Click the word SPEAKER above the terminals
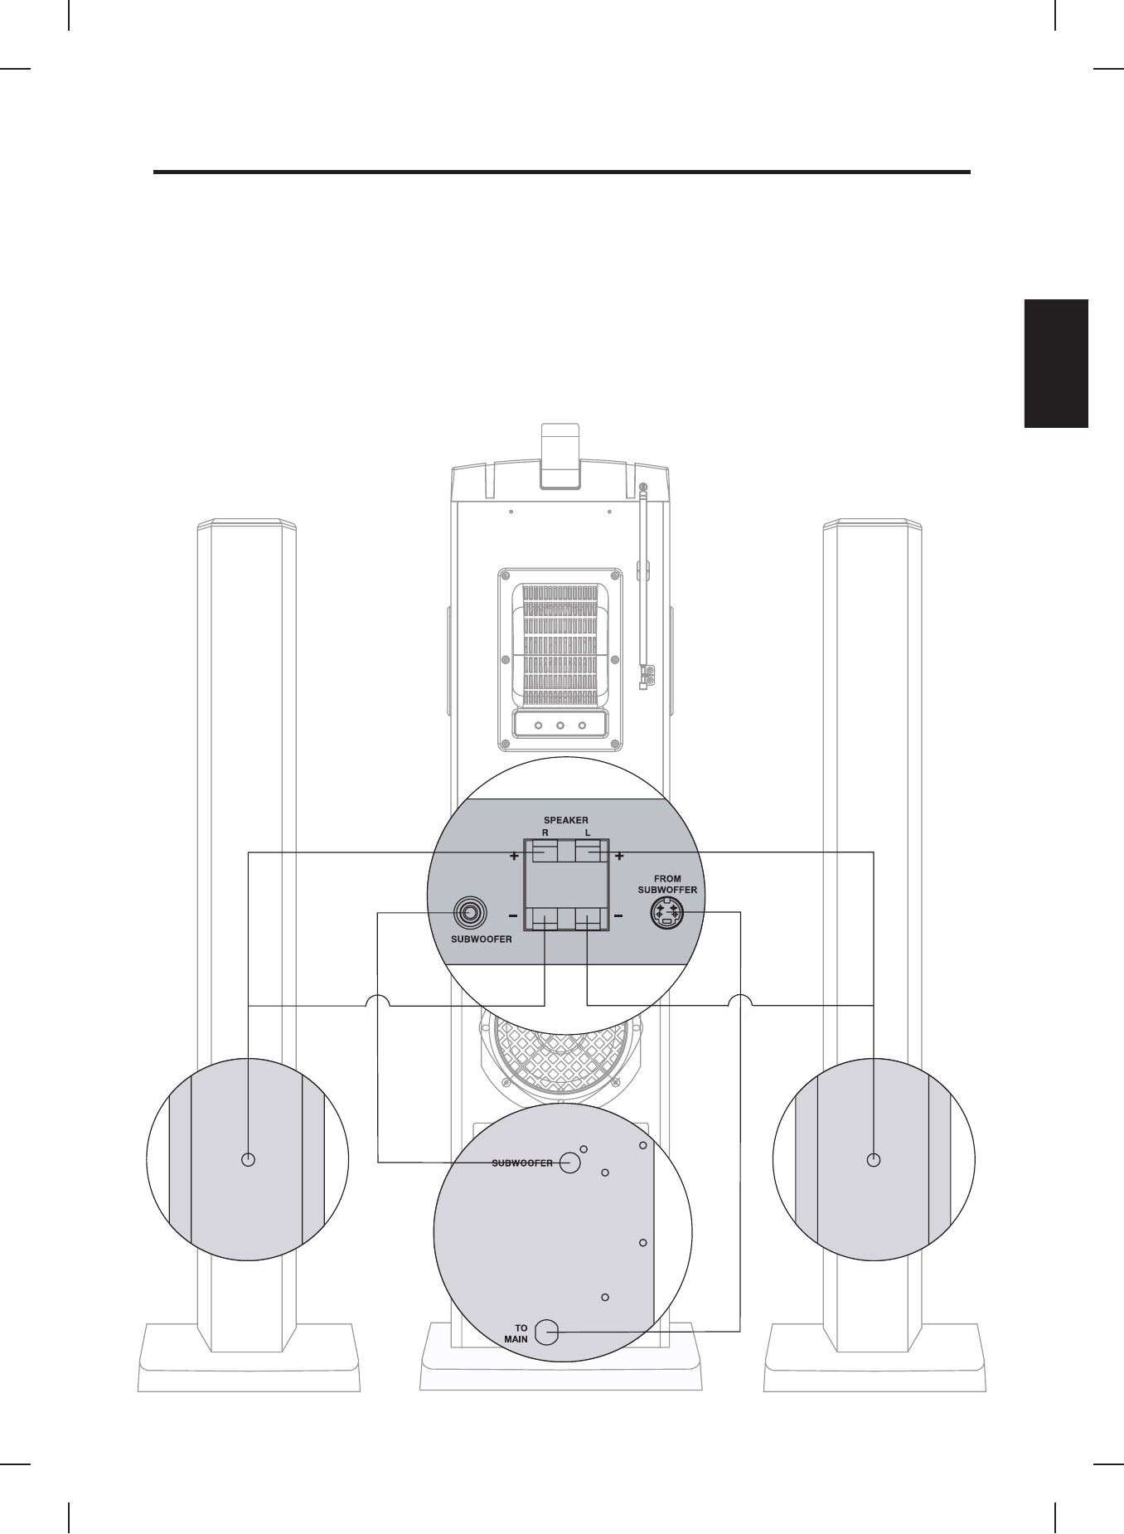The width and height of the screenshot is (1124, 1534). pyautogui.click(x=566, y=820)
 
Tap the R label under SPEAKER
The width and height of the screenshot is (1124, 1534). pyautogui.click(x=545, y=832)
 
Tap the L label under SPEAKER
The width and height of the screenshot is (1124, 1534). pyautogui.click(x=587, y=832)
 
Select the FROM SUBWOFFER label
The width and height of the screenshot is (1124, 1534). pyautogui.click(x=667, y=885)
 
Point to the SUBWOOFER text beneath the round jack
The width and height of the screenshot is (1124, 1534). pyautogui.click(x=481, y=940)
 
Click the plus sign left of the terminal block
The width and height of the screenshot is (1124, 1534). pyautogui.click(x=515, y=857)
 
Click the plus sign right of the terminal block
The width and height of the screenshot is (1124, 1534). pyautogui.click(x=618, y=857)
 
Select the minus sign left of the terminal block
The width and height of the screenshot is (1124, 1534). pyautogui.click(x=514, y=916)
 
